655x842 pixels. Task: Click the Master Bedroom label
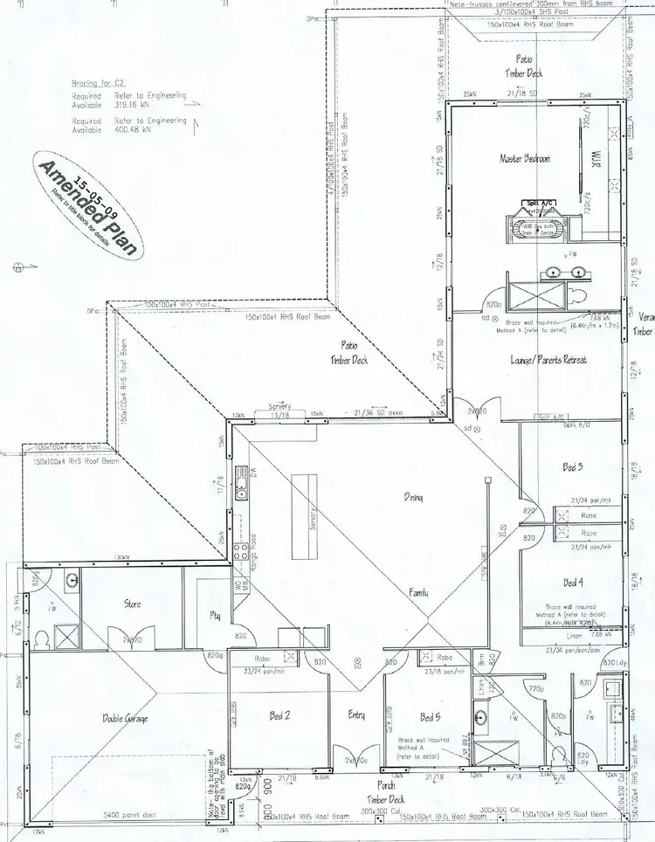524,159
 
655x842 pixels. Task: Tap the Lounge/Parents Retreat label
548,360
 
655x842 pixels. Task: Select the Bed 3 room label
573,468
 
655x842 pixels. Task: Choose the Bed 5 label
429,717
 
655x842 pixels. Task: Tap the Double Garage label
126,718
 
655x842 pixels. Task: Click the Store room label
133,604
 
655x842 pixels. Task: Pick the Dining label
413,498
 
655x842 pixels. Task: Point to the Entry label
356,715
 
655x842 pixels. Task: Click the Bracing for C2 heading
98,84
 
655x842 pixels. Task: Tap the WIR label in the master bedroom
599,159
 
